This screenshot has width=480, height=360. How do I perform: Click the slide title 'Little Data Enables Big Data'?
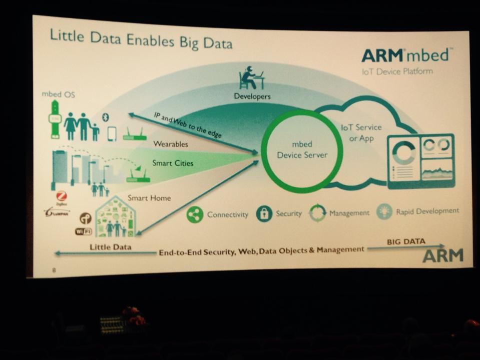coord(141,40)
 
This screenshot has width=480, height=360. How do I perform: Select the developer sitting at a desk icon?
coord(251,78)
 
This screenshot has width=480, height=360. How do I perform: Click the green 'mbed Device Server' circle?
coord(302,151)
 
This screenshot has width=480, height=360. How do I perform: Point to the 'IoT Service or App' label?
coord(361,133)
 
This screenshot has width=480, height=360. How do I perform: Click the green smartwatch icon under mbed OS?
coord(54,118)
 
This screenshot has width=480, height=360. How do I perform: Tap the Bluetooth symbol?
coord(105,117)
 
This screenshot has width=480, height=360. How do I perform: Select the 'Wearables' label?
coord(171,144)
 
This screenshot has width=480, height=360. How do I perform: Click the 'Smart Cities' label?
coord(173,163)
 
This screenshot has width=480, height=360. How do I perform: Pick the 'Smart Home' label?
coord(149,198)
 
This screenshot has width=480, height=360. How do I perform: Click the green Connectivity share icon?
coord(195,214)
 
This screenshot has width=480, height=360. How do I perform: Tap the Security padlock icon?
coord(264,214)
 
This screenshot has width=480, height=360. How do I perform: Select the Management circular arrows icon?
coord(317,213)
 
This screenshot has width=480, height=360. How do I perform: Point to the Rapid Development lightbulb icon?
coord(384,211)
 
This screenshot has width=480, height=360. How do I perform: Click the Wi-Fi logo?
coord(83,231)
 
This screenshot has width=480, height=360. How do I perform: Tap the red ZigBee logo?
coord(62,197)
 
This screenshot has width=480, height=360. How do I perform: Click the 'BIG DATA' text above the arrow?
coord(406,241)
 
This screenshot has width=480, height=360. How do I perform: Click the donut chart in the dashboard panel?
coord(404,152)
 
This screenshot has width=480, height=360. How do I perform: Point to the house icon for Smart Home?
coord(115,217)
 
